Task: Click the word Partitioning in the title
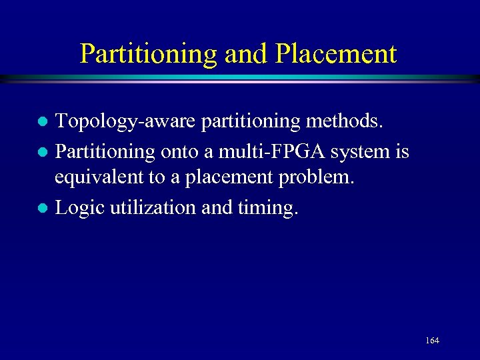click(149, 54)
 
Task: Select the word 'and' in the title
click(242, 54)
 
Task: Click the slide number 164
click(431, 341)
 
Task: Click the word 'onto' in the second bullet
click(179, 152)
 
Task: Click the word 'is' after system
click(401, 151)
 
